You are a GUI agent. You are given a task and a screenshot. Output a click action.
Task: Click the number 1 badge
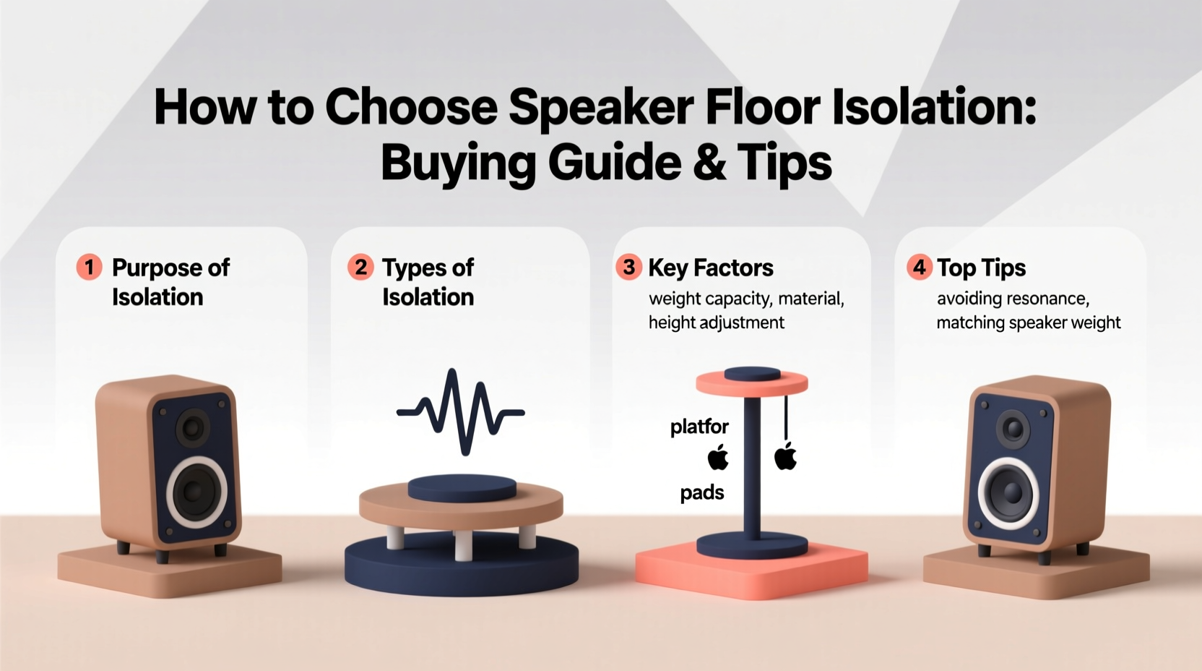click(89, 268)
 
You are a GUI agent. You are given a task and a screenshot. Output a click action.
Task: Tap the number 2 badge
click(360, 268)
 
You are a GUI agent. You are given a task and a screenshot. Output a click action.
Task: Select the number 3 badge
click(628, 268)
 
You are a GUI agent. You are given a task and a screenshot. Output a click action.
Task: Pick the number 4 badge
click(919, 268)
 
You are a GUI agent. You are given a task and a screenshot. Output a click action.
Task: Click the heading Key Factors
click(711, 268)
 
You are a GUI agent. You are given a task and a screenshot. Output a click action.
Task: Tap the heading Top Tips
click(981, 268)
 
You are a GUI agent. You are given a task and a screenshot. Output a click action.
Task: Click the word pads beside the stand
click(702, 493)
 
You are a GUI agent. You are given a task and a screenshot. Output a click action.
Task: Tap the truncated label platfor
click(699, 427)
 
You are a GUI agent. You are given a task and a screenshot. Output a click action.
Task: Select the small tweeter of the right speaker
click(1013, 429)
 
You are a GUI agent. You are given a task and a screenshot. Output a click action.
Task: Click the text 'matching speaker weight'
click(1028, 322)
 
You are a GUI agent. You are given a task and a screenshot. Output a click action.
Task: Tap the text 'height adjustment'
click(716, 322)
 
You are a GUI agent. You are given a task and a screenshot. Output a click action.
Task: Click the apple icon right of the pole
click(785, 457)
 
